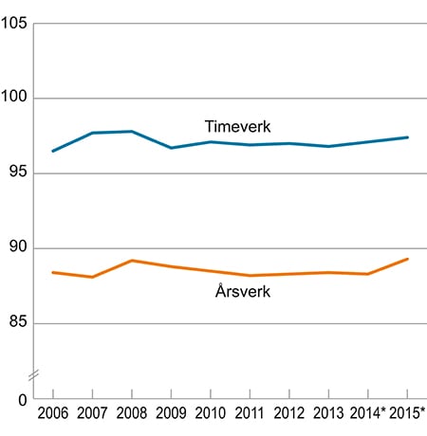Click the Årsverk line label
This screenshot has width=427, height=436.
243,291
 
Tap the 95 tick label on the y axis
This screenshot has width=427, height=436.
17,173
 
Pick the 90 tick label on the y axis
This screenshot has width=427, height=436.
17,248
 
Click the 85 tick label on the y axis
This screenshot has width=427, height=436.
17,323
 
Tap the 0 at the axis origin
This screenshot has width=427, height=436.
21,398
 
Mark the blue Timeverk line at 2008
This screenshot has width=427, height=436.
131,132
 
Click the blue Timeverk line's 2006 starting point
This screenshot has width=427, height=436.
53,151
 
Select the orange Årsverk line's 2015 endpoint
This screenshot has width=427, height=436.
407,259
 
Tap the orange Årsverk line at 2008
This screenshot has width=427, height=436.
131,261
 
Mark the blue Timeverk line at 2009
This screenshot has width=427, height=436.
171,148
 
